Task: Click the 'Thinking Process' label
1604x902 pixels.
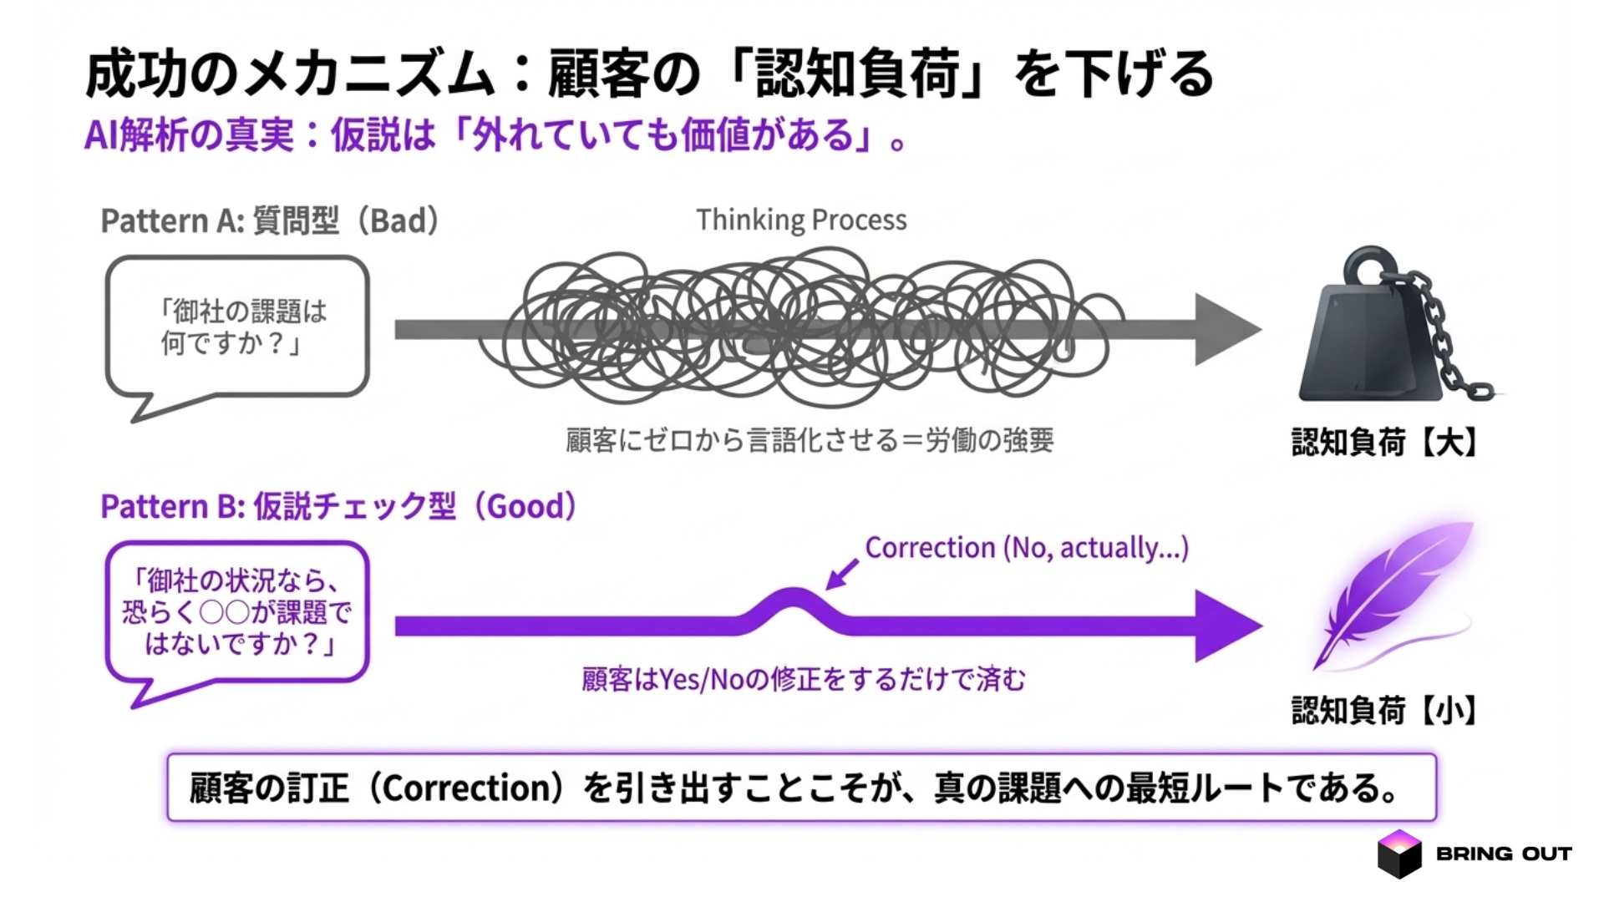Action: pyautogui.click(x=801, y=220)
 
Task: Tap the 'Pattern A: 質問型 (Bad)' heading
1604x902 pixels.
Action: pyautogui.click(x=270, y=221)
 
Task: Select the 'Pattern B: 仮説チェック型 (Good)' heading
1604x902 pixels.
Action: pyautogui.click(x=338, y=507)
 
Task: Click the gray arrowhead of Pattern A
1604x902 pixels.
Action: pyautogui.click(x=1226, y=329)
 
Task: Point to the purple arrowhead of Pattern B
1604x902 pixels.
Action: pyautogui.click(x=1226, y=626)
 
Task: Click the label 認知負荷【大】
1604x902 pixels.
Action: pyautogui.click(x=1384, y=442)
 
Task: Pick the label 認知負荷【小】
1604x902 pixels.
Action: pyautogui.click(x=1384, y=711)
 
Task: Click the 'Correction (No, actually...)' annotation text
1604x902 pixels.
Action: pyautogui.click(x=1026, y=548)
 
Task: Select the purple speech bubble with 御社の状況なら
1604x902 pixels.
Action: pyautogui.click(x=237, y=612)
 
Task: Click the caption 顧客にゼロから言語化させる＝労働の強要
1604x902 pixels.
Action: pyautogui.click(x=809, y=440)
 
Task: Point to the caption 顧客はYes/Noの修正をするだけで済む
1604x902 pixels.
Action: pyautogui.click(x=804, y=680)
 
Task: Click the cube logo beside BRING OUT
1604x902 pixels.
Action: pyautogui.click(x=1398, y=854)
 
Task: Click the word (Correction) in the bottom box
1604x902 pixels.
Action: pyautogui.click(x=470, y=788)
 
